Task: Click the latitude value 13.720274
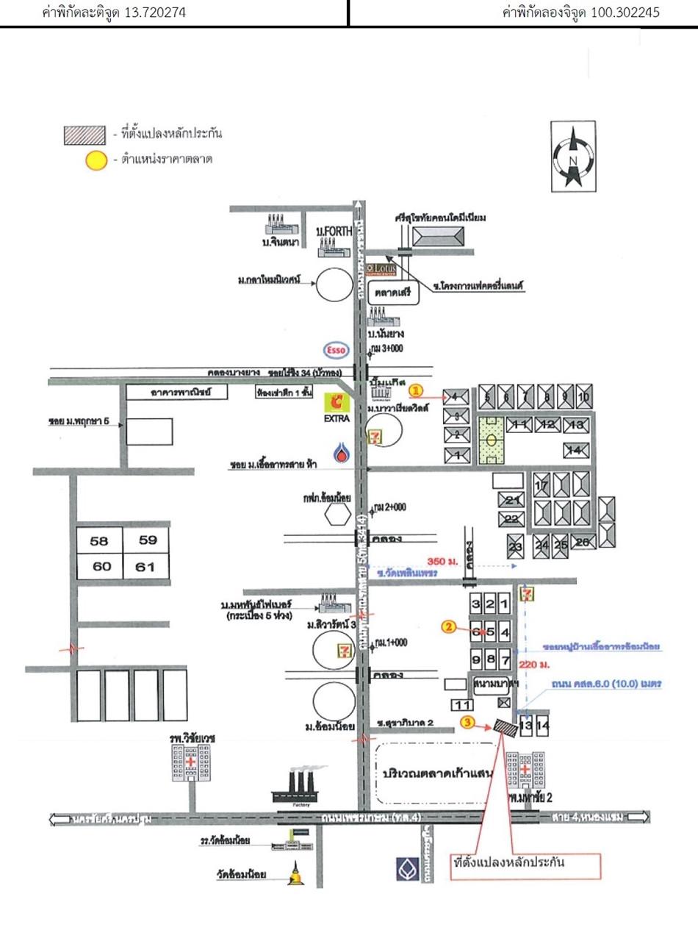[x=156, y=12]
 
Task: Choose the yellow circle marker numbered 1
[x=416, y=389]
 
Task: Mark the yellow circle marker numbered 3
[x=469, y=723]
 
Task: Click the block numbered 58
[x=99, y=542]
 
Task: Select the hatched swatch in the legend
[x=84, y=135]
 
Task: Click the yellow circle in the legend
[x=96, y=160]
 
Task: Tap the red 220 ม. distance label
[x=530, y=664]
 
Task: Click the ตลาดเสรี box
[x=393, y=293]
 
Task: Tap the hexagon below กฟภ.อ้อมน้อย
[x=339, y=513]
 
